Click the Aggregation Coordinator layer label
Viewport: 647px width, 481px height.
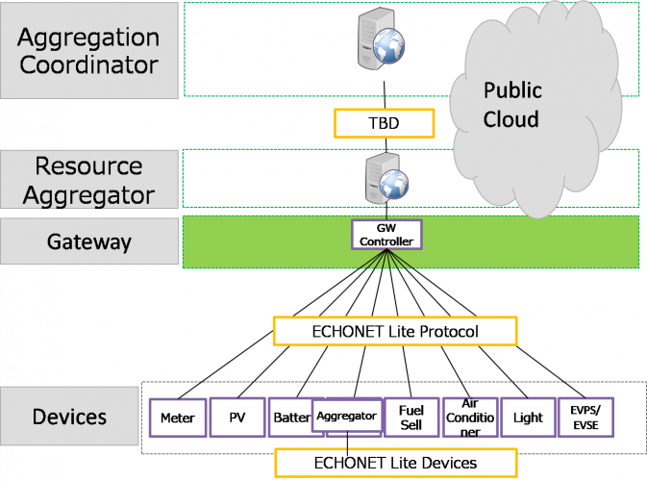point(89,50)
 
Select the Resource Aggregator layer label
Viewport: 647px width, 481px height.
point(89,181)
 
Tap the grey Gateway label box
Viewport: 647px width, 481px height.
point(89,240)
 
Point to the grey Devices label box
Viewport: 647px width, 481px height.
point(70,417)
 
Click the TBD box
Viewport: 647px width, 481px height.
point(384,123)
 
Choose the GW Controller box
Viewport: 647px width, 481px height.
point(386,234)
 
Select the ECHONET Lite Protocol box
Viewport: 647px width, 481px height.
point(395,332)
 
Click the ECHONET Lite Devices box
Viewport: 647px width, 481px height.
point(395,463)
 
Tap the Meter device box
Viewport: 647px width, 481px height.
point(178,418)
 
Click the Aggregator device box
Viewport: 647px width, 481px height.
point(348,417)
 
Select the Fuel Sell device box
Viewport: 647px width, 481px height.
point(411,418)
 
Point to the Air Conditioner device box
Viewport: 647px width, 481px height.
point(470,418)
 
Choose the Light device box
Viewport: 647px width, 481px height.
point(528,418)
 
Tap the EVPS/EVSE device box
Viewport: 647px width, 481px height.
point(585,418)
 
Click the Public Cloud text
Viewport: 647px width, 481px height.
point(511,105)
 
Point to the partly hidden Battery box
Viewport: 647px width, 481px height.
point(289,418)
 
